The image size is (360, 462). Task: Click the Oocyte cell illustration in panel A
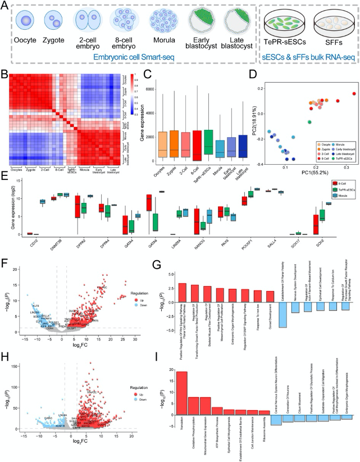tap(26, 21)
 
